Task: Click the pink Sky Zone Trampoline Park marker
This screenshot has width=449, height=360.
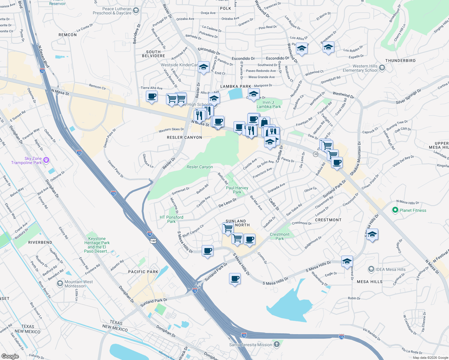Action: pos(46,160)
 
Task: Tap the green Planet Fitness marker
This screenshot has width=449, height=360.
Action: pos(395,210)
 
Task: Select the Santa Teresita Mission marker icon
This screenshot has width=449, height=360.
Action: pos(277,344)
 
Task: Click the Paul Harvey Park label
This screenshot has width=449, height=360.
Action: pos(237,190)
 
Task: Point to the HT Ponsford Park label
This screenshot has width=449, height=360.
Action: pos(171,219)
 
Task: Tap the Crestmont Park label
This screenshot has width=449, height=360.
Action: pos(279,236)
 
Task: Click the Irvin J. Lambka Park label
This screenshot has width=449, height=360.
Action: pos(269,104)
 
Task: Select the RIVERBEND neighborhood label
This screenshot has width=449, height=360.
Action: pos(40,242)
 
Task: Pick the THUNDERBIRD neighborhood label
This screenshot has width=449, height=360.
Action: pos(400,61)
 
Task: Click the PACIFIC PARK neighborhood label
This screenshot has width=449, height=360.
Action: pos(143,272)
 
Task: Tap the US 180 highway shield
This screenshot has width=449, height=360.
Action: pos(153,241)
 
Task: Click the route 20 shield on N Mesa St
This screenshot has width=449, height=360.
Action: pos(315,154)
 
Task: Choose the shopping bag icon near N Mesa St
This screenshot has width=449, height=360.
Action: pos(264,122)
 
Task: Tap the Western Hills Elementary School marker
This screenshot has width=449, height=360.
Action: pos(382,68)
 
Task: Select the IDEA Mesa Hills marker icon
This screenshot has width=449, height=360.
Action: pos(371,269)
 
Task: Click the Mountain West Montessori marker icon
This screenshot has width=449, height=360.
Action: pos(60,283)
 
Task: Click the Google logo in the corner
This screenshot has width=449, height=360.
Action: pos(10,356)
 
